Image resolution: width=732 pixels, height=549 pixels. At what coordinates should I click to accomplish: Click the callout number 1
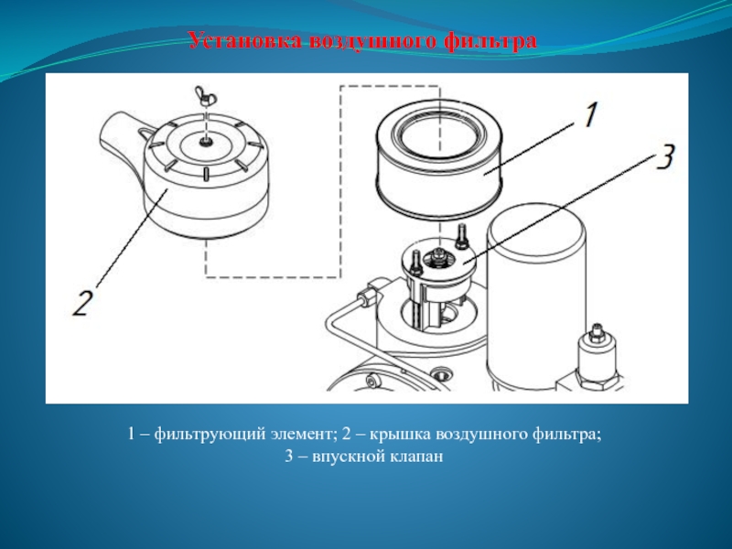(590, 115)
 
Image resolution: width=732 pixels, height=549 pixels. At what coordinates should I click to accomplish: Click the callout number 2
(81, 304)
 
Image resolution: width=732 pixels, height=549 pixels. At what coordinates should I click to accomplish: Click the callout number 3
(666, 156)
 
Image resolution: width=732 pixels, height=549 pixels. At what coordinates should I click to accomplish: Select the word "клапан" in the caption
(416, 456)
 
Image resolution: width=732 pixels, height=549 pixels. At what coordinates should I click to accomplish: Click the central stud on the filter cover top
(204, 141)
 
